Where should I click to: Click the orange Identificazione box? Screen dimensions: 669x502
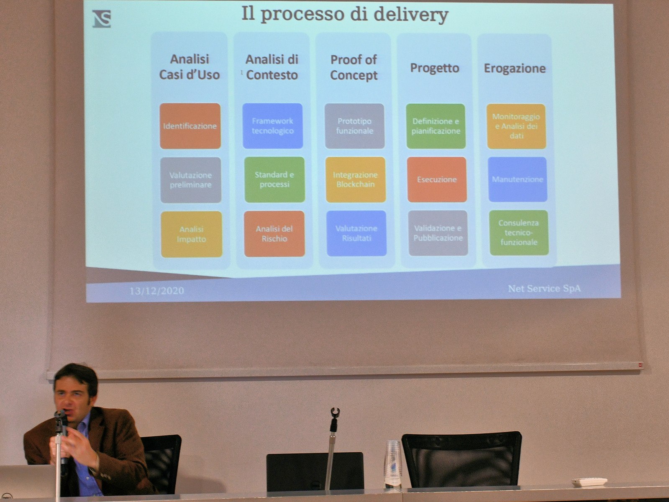190,126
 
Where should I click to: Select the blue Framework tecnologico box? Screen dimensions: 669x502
273,126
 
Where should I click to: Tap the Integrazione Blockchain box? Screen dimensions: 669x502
355,179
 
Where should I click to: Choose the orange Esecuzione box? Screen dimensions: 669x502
437,179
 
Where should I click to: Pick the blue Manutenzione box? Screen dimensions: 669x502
518,179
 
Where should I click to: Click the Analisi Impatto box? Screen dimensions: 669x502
191,234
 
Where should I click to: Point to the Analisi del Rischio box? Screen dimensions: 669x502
274,233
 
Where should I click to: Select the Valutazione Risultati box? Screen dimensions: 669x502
356,233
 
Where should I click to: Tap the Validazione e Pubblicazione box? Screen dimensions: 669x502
438,233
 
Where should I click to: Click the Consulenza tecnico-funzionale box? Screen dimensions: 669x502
519,233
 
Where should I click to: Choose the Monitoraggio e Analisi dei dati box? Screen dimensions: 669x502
516,126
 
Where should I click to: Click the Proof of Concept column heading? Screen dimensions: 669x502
354,68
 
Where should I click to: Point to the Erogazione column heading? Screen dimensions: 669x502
515,68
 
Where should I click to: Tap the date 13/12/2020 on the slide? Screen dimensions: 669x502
156,291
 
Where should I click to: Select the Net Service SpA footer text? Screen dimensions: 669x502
544,289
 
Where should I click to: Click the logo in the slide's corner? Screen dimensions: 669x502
102,18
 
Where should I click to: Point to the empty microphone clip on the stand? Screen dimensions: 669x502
335,412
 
